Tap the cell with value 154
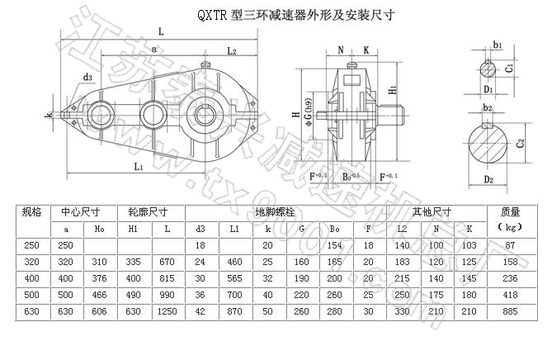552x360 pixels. point(335,245)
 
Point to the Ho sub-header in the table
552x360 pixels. point(100,228)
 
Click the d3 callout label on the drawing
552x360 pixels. point(87,78)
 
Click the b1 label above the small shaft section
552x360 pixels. point(497,44)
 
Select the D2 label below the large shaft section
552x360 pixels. point(488,179)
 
